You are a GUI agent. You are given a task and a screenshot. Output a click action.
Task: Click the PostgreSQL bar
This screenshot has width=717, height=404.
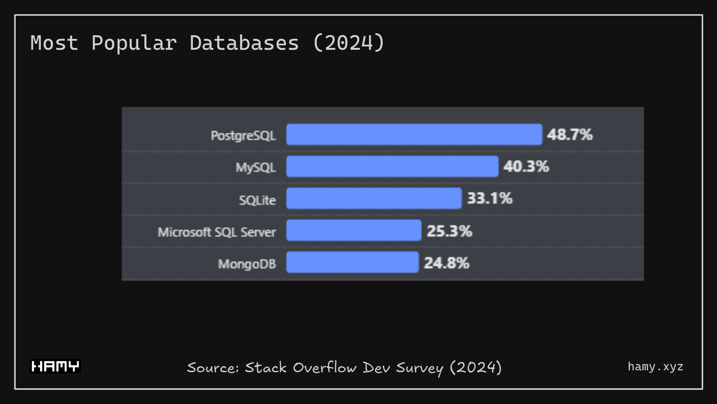point(414,135)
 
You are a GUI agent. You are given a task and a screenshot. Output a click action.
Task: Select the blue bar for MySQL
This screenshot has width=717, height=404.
point(392,166)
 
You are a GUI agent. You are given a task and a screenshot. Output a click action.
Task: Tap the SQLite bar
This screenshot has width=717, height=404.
point(374,198)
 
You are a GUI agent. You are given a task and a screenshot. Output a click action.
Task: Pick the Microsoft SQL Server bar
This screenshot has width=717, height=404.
point(353,230)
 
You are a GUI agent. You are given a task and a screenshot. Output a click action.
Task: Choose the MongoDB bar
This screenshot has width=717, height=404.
point(352,262)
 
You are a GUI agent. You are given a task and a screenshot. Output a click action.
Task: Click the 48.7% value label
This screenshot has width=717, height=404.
point(570,135)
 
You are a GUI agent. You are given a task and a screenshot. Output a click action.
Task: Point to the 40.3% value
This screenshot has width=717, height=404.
point(526,166)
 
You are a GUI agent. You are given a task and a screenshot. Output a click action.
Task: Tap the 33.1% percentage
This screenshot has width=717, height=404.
point(490,198)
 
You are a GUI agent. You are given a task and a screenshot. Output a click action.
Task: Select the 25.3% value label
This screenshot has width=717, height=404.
point(449,231)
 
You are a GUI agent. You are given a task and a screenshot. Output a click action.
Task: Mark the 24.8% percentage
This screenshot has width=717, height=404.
point(446,263)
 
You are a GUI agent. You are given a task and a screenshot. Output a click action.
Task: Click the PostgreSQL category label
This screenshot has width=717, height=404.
point(243,135)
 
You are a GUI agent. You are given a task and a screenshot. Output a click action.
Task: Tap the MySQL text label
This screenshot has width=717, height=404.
point(256,167)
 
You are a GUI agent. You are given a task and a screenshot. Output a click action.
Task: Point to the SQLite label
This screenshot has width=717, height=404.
point(257,200)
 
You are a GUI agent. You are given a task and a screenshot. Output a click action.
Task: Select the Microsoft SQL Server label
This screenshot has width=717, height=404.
point(217,232)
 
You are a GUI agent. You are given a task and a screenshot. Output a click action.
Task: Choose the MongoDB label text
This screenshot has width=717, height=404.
point(247,264)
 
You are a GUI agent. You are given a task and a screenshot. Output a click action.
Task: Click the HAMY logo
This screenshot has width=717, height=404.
point(55,366)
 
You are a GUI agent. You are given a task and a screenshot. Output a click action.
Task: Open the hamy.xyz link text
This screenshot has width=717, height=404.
point(655,367)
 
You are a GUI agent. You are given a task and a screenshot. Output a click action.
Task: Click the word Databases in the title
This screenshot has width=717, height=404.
point(244,43)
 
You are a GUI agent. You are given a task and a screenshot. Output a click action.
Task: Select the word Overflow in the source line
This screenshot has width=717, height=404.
point(325,368)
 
